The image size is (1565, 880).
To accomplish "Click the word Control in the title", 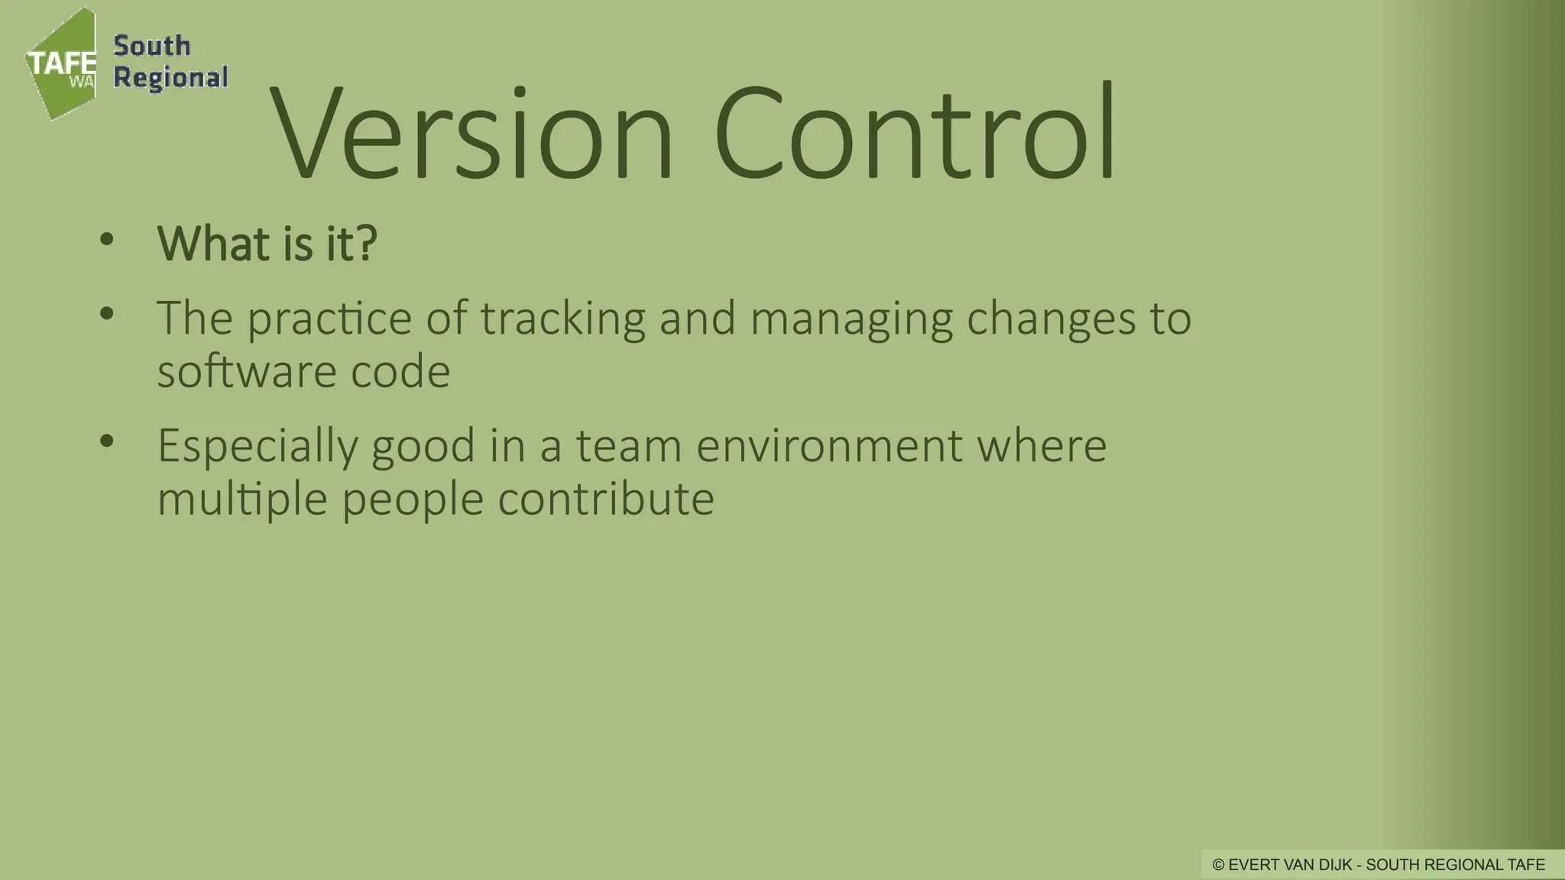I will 915,134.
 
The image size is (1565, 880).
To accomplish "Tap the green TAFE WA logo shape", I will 61,65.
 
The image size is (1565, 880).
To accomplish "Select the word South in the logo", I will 152,46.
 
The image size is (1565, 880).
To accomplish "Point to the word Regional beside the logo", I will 170,78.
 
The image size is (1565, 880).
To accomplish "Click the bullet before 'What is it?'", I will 106,239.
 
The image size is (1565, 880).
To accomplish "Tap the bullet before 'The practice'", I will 106,313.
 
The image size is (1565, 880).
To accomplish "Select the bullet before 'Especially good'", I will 106,441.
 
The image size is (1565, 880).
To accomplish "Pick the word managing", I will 851,319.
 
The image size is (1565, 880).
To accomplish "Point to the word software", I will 246,372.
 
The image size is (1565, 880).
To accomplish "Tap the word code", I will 400,372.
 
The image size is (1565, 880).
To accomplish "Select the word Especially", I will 257,447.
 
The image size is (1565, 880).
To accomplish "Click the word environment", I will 829,447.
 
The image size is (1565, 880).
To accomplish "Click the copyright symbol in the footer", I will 1219,865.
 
